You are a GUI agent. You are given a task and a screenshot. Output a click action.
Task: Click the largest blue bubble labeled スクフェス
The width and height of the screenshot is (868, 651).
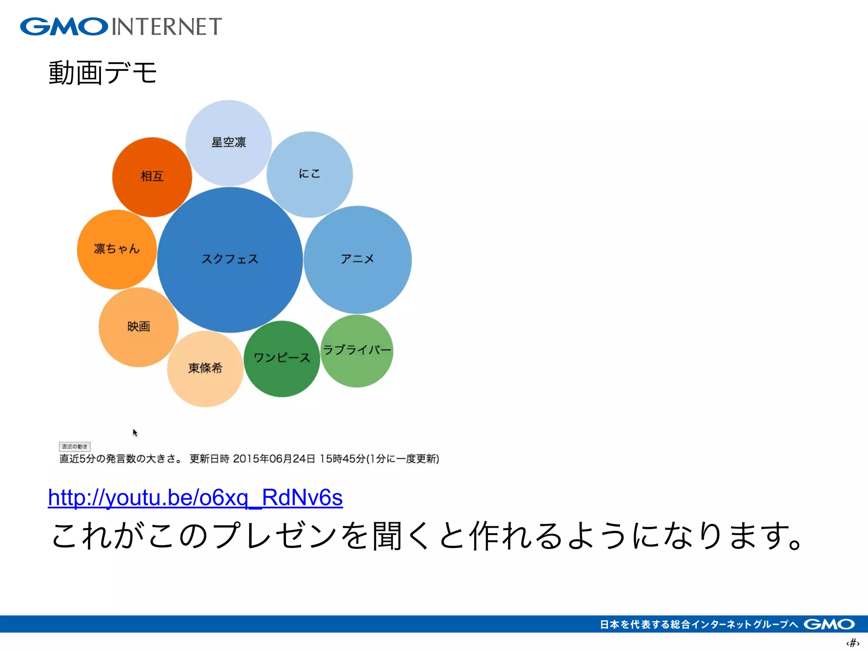click(230, 259)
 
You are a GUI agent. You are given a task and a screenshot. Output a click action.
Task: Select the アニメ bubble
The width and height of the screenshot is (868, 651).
click(357, 259)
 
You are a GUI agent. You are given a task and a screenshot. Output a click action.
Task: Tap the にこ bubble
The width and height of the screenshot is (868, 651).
click(309, 174)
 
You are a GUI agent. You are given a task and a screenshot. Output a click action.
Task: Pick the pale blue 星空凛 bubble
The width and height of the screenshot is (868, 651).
click(228, 143)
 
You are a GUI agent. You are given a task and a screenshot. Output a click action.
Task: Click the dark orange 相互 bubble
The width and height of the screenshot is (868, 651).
click(152, 177)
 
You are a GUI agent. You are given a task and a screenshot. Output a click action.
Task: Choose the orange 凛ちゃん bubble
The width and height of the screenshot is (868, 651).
click(117, 249)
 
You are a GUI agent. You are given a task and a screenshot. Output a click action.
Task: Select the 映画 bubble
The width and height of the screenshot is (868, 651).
click(138, 327)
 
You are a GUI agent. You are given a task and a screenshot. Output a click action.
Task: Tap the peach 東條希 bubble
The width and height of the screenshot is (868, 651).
click(205, 368)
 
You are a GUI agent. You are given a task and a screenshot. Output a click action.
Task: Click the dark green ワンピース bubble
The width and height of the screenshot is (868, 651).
click(281, 359)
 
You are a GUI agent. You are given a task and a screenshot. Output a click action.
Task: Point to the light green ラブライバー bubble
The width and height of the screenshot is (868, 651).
click(357, 351)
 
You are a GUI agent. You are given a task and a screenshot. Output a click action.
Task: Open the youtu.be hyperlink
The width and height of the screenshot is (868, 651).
click(195, 498)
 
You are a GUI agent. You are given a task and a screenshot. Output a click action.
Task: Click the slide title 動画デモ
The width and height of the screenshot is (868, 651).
click(103, 73)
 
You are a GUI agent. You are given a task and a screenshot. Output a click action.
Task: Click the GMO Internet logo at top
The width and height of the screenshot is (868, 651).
click(121, 27)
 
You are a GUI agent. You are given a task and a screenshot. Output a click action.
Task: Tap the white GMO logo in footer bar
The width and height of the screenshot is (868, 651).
click(829, 624)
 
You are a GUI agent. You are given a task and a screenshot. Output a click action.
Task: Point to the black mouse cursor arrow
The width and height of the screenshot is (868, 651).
click(135, 432)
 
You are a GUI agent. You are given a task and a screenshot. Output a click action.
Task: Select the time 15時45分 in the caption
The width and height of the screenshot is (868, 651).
click(342, 459)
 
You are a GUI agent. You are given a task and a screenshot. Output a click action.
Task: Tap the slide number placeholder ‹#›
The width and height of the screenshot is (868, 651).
click(852, 643)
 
